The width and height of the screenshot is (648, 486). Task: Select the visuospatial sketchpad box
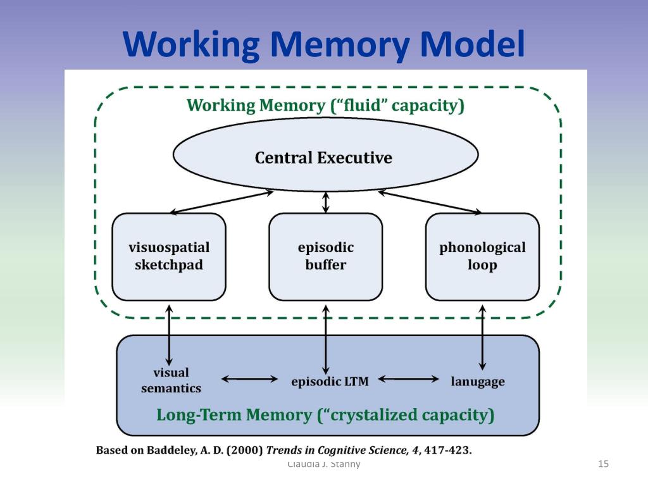169,256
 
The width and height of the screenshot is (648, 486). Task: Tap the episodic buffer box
325,256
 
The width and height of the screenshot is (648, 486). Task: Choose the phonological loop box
482,256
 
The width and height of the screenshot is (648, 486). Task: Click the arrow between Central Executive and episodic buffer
326,202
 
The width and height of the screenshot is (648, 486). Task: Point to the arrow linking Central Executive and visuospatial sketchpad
221,202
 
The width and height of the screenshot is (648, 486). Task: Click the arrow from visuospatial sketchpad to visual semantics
169,334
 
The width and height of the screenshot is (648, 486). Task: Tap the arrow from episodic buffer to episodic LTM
326,339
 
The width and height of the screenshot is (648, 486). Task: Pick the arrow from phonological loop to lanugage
482,337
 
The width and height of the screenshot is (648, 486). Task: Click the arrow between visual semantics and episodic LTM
249,380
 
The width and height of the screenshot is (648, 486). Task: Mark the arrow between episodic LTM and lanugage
408,380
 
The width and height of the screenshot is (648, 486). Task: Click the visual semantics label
171,380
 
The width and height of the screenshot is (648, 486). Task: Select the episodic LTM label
330,382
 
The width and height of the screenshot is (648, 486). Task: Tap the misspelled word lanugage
478,382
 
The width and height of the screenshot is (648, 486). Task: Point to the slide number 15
603,464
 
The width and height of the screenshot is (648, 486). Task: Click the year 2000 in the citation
243,451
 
